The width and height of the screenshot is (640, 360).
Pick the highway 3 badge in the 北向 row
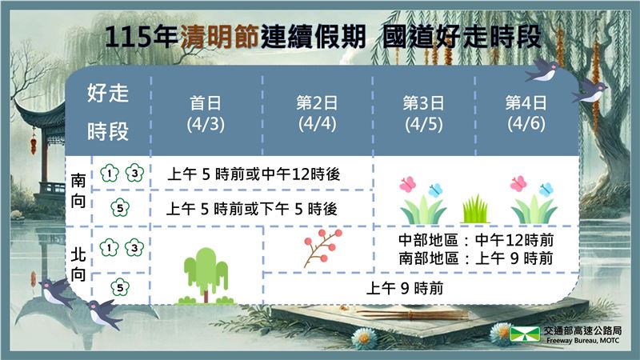click(134, 249)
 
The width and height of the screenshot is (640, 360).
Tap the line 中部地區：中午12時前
click(477, 241)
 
